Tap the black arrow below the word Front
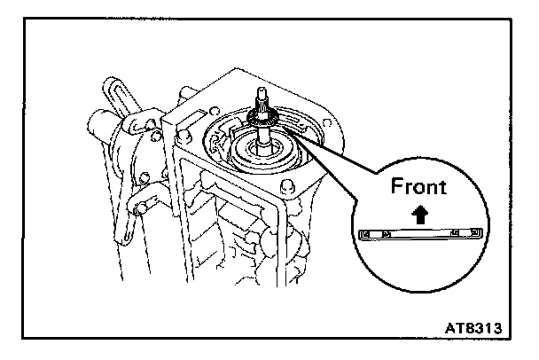pyautogui.click(x=420, y=213)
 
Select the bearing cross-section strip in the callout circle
pyautogui.click(x=420, y=233)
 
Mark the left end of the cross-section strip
pyautogui.click(x=366, y=233)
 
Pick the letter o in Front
pyautogui.click(x=419, y=189)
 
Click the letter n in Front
pyautogui.click(x=434, y=189)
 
